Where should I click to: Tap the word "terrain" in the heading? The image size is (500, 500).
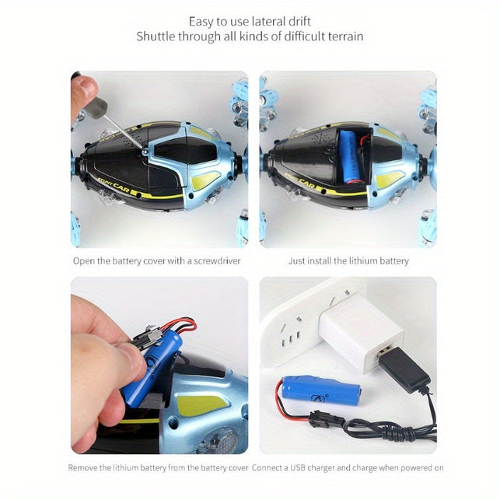tap(344, 37)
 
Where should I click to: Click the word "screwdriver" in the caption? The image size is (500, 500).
tap(217, 260)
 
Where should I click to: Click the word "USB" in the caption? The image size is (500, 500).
tap(298, 468)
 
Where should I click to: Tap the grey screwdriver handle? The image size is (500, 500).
tap(97, 107)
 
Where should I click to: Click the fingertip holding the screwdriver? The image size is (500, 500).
tap(86, 86)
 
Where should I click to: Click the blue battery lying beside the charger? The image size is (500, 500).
tap(321, 391)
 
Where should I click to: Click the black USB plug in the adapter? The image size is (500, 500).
tap(404, 367)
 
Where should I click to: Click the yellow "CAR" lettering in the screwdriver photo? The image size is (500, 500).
tap(121, 188)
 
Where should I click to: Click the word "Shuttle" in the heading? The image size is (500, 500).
tap(156, 37)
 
